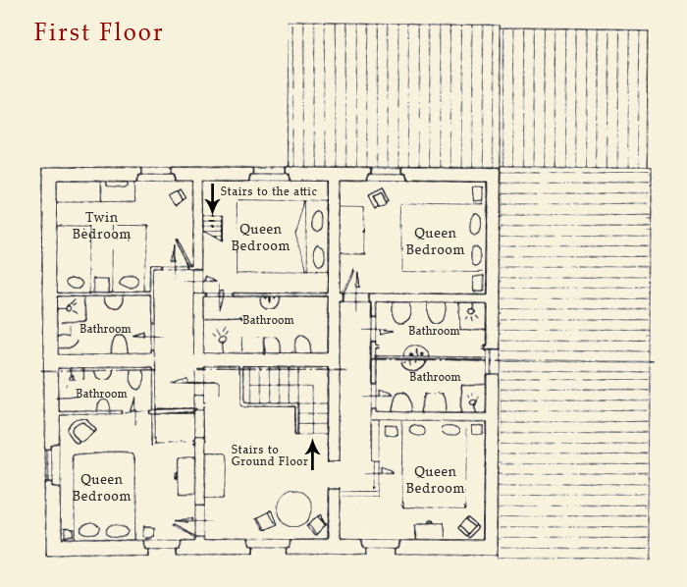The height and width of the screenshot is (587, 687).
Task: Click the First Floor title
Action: click(x=98, y=31)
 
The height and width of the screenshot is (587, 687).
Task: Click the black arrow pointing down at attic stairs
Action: click(x=212, y=199)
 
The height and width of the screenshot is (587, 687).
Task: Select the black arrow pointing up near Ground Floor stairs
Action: click(x=314, y=454)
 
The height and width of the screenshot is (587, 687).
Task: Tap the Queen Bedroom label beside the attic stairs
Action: click(x=260, y=238)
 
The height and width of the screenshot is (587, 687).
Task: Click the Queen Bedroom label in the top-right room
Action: click(x=435, y=241)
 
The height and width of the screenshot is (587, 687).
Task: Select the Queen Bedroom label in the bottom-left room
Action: click(x=101, y=488)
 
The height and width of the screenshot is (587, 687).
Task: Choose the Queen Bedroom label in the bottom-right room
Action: click(x=435, y=480)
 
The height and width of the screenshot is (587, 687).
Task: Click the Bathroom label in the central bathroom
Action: click(x=268, y=320)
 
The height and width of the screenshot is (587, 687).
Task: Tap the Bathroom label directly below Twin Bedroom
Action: click(x=105, y=329)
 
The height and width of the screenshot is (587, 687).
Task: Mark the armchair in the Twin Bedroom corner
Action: click(x=177, y=197)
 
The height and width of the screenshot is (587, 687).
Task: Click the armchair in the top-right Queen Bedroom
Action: click(x=380, y=199)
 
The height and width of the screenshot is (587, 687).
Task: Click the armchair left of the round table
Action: click(x=264, y=520)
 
